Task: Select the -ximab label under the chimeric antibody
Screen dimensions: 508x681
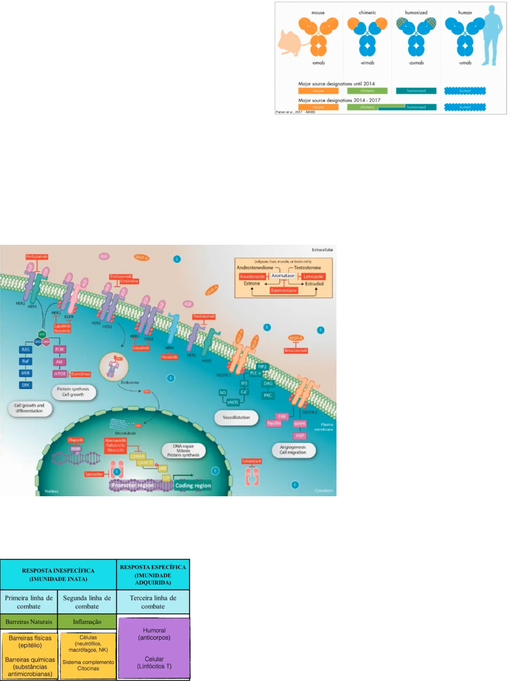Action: click(x=367, y=63)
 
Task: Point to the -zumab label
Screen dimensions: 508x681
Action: click(x=416, y=63)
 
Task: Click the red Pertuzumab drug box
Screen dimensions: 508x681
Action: click(x=37, y=257)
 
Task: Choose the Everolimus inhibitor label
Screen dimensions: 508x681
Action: click(x=81, y=374)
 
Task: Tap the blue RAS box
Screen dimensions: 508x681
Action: click(x=26, y=349)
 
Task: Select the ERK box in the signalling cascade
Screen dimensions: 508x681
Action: click(x=26, y=385)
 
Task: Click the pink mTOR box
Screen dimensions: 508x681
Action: click(x=60, y=374)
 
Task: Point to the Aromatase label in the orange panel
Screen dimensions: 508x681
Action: click(x=283, y=276)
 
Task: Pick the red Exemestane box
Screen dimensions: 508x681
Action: click(x=284, y=290)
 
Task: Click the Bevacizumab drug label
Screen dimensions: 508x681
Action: click(x=296, y=351)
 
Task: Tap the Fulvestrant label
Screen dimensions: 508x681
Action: click(x=251, y=461)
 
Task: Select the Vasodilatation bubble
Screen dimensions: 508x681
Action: click(x=236, y=417)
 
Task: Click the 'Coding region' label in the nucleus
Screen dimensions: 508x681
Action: click(x=193, y=485)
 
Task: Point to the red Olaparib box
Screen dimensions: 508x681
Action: click(x=75, y=440)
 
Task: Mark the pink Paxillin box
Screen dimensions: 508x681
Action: click(x=274, y=423)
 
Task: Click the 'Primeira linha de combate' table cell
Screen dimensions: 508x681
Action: click(x=29, y=602)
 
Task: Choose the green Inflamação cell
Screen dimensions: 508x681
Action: click(x=87, y=621)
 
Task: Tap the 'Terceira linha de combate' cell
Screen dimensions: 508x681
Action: click(x=153, y=602)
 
